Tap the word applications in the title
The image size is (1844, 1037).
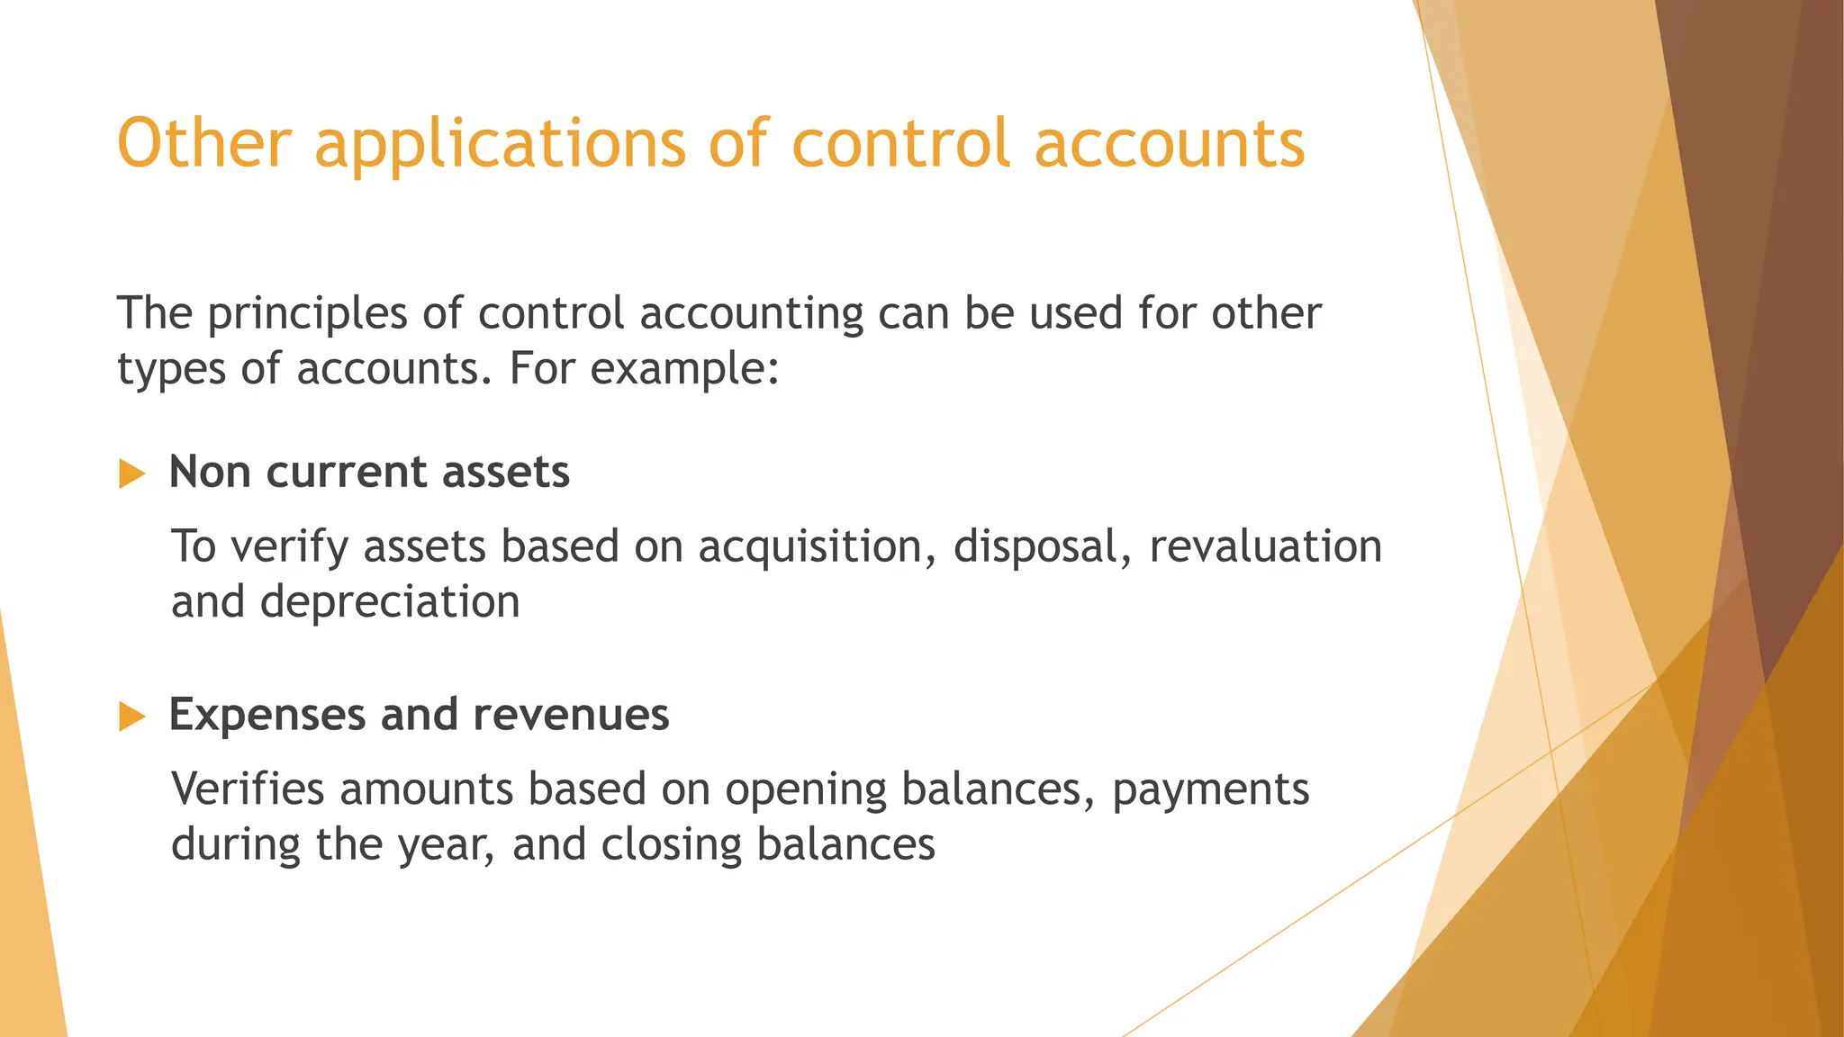[501, 144]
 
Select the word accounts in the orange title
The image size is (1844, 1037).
[1170, 144]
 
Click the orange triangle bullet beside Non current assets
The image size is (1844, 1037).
[131, 473]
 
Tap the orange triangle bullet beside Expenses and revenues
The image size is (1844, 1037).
[131, 717]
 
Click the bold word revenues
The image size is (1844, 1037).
[571, 715]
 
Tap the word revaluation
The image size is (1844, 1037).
[1265, 546]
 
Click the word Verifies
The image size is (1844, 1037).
[248, 789]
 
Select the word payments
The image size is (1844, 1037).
[1210, 789]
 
